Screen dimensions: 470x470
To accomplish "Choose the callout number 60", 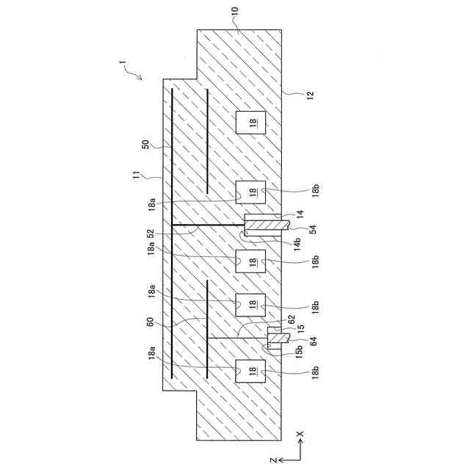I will click(151, 321).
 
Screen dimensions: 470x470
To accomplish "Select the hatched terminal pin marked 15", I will click(277, 339).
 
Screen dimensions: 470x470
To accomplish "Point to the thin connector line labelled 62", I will click(235, 337).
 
